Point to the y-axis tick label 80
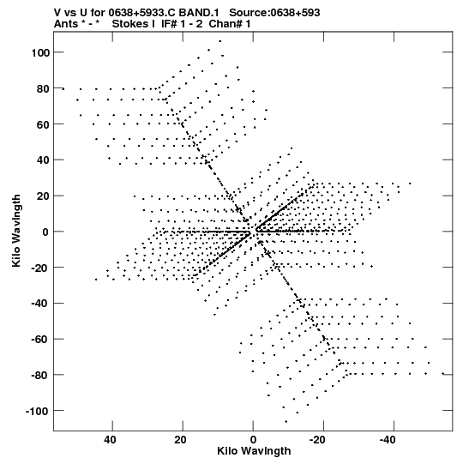[x=42, y=89]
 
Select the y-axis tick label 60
[x=42, y=125]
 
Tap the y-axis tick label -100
[x=36, y=412]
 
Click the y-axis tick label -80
[x=39, y=375]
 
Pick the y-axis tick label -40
[x=39, y=304]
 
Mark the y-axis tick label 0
[x=45, y=232]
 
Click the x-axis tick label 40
[x=110, y=440]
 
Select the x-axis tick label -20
[x=317, y=440]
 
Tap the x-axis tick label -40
[x=388, y=440]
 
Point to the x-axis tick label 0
[x=253, y=440]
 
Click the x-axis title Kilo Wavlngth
[x=254, y=451]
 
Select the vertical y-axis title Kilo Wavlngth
[x=16, y=231]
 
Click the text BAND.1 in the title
[x=199, y=13]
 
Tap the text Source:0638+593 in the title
[x=274, y=13]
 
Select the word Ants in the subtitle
[x=66, y=24]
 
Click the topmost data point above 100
[x=219, y=41]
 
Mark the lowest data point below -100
[x=286, y=421]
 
